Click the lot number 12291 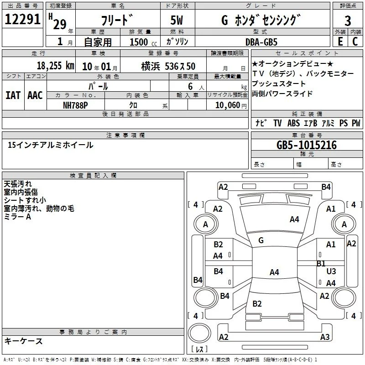click(22, 19)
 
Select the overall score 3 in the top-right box click(348, 21)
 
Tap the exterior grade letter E click(340, 42)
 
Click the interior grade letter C click(355, 42)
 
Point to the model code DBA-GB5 click(261, 42)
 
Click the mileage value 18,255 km click(56, 66)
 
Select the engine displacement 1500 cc click(143, 42)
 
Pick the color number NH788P click(75, 105)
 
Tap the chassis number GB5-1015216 click(307, 145)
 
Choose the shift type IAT click(13, 95)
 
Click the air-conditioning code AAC click(35, 95)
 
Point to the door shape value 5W click(177, 20)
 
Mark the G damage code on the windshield click(261, 240)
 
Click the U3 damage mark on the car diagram click(331, 271)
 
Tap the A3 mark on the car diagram click(325, 337)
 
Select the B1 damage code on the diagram click(321, 263)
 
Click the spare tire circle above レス click(199, 334)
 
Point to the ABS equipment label click(293, 123)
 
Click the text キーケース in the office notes click(24, 341)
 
